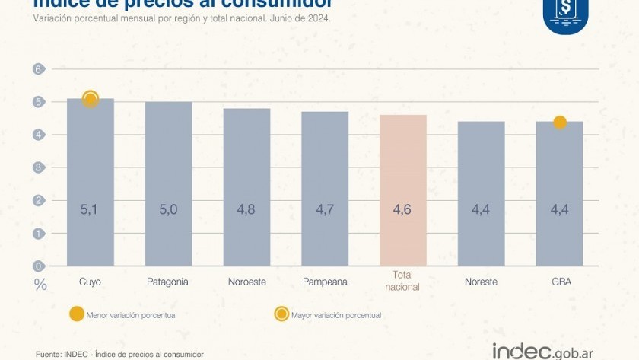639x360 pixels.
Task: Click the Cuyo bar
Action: click(x=91, y=183)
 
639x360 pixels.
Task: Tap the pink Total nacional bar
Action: click(x=402, y=190)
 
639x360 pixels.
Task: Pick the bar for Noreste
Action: click(x=481, y=194)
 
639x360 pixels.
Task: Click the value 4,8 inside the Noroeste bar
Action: click(x=246, y=209)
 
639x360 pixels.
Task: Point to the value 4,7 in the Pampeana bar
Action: click(x=325, y=209)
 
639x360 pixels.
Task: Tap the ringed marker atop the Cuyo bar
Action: click(x=91, y=99)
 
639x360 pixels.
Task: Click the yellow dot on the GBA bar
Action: click(x=560, y=123)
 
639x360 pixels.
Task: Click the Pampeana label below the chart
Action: click(x=325, y=282)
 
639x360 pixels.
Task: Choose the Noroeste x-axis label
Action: click(x=246, y=282)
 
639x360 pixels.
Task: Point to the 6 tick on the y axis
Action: click(x=36, y=69)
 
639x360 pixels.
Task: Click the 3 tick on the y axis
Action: click(x=36, y=167)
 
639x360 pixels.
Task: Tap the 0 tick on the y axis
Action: click(x=36, y=266)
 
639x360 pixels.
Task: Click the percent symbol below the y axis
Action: click(x=40, y=285)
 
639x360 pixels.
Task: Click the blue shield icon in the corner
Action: click(x=565, y=13)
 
